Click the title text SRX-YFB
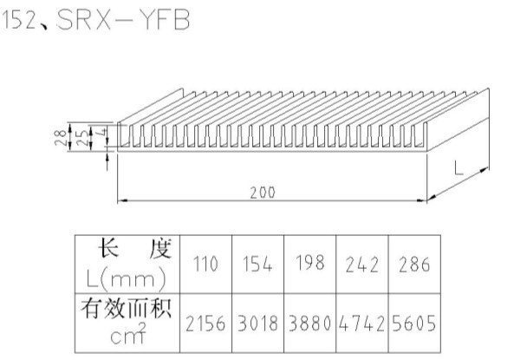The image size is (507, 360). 123,20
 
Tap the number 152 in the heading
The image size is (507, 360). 19,20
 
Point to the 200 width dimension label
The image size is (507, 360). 263,193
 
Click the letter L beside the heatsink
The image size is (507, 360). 458,168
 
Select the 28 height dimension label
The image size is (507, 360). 61,137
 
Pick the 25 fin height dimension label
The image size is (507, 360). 83,137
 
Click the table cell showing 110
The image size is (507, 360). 205,264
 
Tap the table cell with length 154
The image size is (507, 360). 257,264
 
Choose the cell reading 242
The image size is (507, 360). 361,265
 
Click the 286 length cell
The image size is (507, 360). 414,265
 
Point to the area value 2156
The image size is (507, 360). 205,324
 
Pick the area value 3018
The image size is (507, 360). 257,324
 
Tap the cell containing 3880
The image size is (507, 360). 309,324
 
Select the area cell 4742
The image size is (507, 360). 361,324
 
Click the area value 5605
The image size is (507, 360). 414,324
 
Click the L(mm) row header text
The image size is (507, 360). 127,279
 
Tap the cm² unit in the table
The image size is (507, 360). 128,333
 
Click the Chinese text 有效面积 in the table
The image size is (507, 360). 126,308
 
